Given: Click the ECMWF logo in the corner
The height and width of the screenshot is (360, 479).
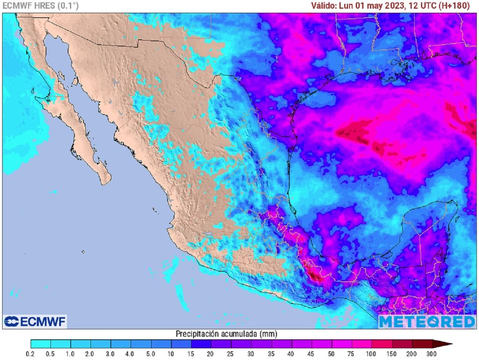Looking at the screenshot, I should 35,321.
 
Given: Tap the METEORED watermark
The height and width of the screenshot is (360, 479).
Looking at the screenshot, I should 427,321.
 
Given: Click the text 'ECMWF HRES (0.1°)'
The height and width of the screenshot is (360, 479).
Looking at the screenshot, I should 40,6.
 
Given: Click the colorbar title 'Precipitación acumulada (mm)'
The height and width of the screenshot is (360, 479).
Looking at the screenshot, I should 226,334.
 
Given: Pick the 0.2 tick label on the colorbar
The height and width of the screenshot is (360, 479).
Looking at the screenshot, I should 31,354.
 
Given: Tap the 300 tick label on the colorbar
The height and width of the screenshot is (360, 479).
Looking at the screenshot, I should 432,354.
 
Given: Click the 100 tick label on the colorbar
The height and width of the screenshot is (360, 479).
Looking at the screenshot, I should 372,354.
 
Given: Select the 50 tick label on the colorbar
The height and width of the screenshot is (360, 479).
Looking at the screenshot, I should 332,354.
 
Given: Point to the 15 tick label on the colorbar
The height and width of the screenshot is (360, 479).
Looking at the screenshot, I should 191,354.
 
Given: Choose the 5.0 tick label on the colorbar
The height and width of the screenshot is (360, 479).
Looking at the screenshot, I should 151,354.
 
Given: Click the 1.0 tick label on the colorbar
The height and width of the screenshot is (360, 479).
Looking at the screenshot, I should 71,354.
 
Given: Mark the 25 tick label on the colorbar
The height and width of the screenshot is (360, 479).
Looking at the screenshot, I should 232,354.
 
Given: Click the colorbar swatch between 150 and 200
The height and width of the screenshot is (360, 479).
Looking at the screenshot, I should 402,344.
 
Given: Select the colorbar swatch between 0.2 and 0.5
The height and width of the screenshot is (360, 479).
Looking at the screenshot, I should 41,344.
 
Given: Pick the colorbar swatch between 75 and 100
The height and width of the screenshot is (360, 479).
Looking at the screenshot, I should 362,344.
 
